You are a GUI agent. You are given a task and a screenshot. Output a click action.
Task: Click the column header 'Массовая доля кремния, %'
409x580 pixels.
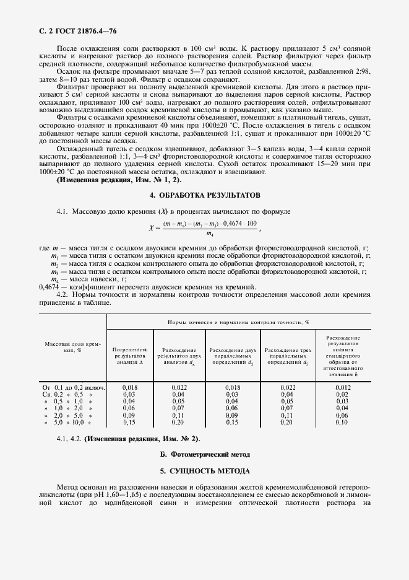coord(73,346)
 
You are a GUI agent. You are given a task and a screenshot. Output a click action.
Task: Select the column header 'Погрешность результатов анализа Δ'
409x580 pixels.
coord(129,356)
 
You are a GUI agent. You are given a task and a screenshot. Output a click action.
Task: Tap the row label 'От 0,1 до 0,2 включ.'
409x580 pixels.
coord(73,387)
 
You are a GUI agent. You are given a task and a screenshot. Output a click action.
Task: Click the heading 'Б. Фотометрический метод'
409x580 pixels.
coord(204,455)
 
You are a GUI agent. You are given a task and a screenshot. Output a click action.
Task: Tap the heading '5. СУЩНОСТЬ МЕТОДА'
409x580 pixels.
coord(204,471)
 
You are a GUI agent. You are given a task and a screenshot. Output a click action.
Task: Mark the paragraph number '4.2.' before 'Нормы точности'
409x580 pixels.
coord(63,295)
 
